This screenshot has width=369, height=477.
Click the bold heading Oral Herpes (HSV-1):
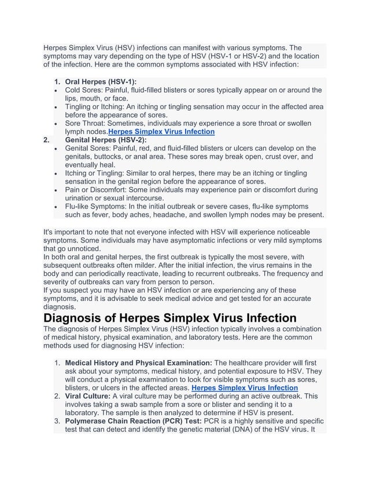click(x=101, y=82)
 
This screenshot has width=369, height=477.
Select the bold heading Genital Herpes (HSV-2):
click(x=106, y=140)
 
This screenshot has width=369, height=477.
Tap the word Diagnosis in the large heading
click(x=79, y=318)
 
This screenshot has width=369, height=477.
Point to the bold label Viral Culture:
click(x=88, y=397)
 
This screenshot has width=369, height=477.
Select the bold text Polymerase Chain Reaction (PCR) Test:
click(x=133, y=422)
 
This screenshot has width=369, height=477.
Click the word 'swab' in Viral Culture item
click(x=124, y=405)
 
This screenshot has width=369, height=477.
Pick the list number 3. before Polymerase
click(x=57, y=422)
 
